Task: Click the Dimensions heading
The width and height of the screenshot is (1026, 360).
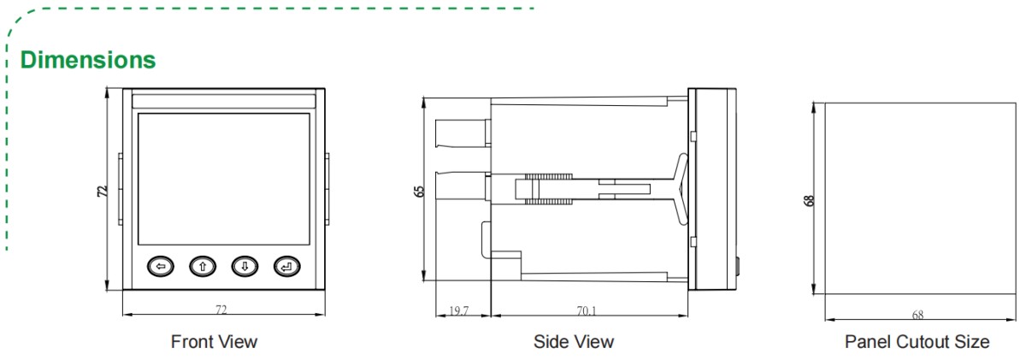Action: click(88, 60)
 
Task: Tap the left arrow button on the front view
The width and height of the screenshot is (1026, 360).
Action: click(160, 267)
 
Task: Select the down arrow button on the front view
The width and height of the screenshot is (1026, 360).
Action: click(245, 267)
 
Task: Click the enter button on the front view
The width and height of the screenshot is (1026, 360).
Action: click(287, 267)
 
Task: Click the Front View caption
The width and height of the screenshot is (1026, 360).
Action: click(214, 342)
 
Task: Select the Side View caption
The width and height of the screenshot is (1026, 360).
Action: click(574, 342)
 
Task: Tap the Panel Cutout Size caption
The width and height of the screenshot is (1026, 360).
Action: click(917, 342)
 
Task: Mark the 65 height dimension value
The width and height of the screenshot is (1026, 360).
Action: click(418, 190)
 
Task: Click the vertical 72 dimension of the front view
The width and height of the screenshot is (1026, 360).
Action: click(102, 191)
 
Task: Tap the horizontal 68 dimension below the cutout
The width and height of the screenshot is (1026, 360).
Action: click(917, 315)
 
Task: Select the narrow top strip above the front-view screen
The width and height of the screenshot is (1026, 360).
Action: click(223, 101)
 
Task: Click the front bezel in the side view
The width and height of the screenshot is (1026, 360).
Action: click(715, 188)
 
